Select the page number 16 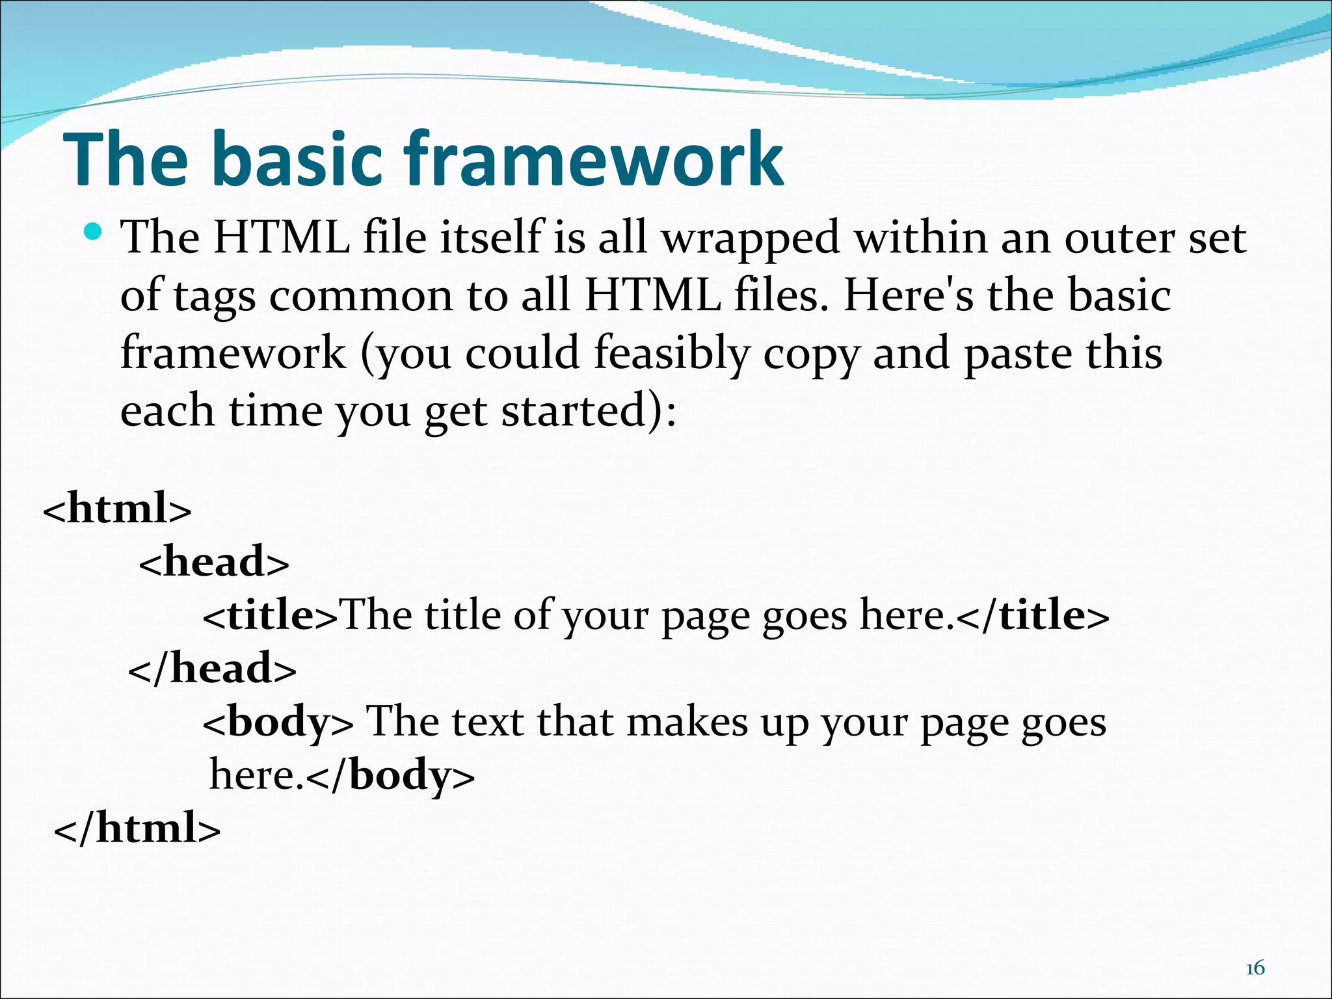tap(1255, 968)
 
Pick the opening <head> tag tap(214, 561)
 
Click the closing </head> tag tap(212, 668)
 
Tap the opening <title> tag tap(270, 615)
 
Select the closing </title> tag tap(1033, 615)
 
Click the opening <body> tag tap(278, 722)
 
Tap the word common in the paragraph tap(361, 297)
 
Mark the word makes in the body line tap(687, 722)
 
